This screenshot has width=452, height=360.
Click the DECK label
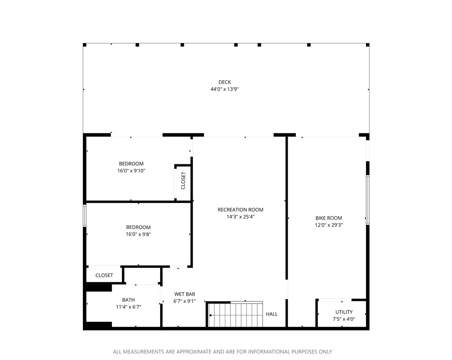(x=224, y=82)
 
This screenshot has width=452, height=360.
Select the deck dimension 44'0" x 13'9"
(x=224, y=89)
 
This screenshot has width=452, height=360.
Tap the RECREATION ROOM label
(x=240, y=210)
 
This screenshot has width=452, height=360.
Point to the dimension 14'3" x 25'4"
(x=240, y=217)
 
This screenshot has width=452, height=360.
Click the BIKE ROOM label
(x=329, y=218)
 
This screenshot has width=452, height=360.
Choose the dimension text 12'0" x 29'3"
(x=329, y=225)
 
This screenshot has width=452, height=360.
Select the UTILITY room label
(x=344, y=312)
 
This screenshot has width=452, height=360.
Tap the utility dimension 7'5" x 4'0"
(x=344, y=319)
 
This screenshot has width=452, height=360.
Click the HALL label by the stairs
(x=272, y=314)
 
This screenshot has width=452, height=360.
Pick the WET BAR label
(x=185, y=294)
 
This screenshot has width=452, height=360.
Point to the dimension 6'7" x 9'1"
(x=185, y=301)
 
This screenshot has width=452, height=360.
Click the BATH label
(x=128, y=300)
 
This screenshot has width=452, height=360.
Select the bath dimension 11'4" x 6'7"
(x=128, y=307)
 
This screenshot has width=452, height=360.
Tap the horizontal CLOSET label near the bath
(x=104, y=275)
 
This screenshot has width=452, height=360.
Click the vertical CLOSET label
(x=183, y=181)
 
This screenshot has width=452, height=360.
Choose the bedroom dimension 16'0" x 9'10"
(x=131, y=171)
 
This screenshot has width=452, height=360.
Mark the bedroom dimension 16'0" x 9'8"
(x=138, y=234)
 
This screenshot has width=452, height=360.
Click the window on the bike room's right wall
(x=367, y=200)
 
